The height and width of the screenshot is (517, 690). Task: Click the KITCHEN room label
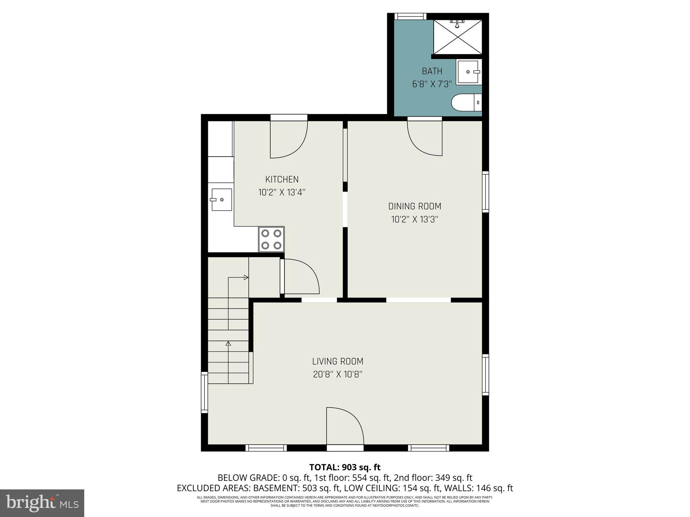coord(282,179)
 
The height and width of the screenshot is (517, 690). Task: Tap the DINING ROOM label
coord(414,206)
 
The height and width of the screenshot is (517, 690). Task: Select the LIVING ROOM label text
coord(338,361)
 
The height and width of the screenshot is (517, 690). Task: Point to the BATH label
coord(432,71)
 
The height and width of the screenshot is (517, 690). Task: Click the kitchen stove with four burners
coord(271,239)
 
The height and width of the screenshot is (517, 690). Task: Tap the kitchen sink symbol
coord(221,200)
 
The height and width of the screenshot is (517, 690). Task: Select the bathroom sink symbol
coord(469,72)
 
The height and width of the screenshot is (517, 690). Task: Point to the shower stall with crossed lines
coord(458,37)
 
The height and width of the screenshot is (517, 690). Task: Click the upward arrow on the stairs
coord(228,344)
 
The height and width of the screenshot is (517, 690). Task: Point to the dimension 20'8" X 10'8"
coord(338,375)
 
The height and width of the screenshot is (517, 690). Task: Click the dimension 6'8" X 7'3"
coord(432,84)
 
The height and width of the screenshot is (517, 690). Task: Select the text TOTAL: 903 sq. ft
coord(345,467)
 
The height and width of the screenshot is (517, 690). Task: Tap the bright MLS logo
coord(42,503)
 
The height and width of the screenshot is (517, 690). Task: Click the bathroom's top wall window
coord(410,16)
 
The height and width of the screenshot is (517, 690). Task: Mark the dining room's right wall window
coord(485,192)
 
